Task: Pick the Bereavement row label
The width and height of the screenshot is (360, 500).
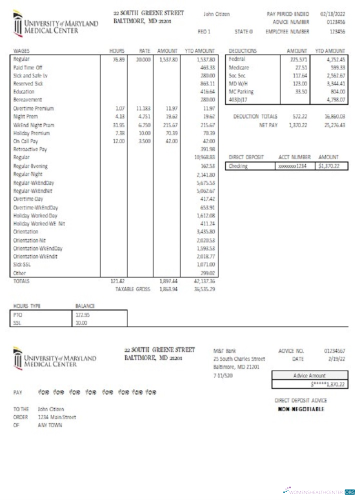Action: click(x=24, y=100)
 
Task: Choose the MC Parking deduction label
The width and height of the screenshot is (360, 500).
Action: click(x=241, y=91)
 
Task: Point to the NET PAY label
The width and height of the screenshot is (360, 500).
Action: click(x=268, y=124)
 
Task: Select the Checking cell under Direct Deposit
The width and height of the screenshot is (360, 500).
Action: click(x=238, y=165)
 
